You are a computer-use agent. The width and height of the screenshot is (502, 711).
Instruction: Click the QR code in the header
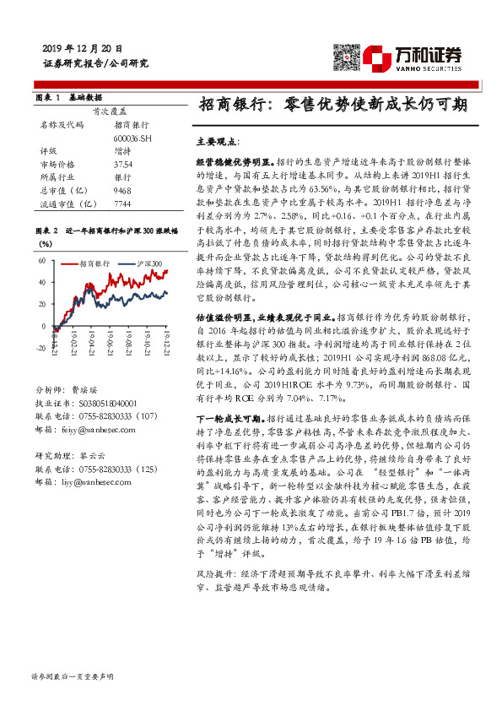coord(348,56)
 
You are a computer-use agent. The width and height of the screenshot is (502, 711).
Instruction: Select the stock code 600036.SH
coord(132,138)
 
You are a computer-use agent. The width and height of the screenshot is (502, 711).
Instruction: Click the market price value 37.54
coord(123,165)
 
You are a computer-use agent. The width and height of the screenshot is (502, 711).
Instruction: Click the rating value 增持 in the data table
coord(122,151)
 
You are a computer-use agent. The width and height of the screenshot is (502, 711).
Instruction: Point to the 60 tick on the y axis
coord(41,261)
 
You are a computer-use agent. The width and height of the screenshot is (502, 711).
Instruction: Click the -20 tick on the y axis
coord(40,347)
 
